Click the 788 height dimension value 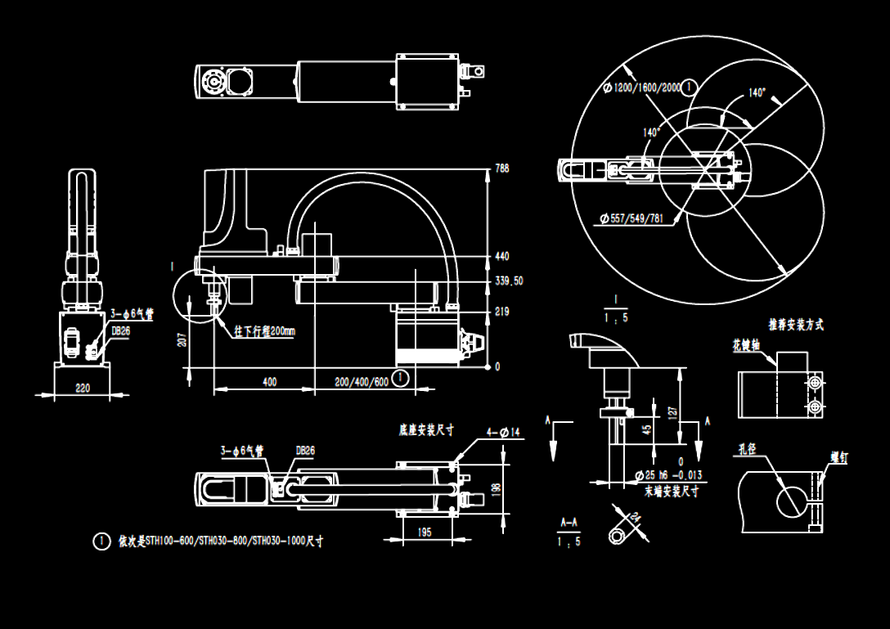tap(502, 168)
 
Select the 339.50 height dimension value tap(509, 281)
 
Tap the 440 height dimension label tap(502, 257)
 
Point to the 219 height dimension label tap(502, 312)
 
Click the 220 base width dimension tap(83, 389)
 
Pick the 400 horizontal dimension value tap(269, 382)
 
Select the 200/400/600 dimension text tap(361, 382)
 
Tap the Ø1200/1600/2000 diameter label tap(644, 87)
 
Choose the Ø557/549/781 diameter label tap(632, 218)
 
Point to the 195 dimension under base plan tap(425, 532)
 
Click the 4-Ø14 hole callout tap(504, 431)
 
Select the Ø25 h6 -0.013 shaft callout tap(667, 475)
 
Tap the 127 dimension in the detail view tap(671, 411)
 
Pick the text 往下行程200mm tap(264, 331)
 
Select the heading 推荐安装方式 tap(795, 325)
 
